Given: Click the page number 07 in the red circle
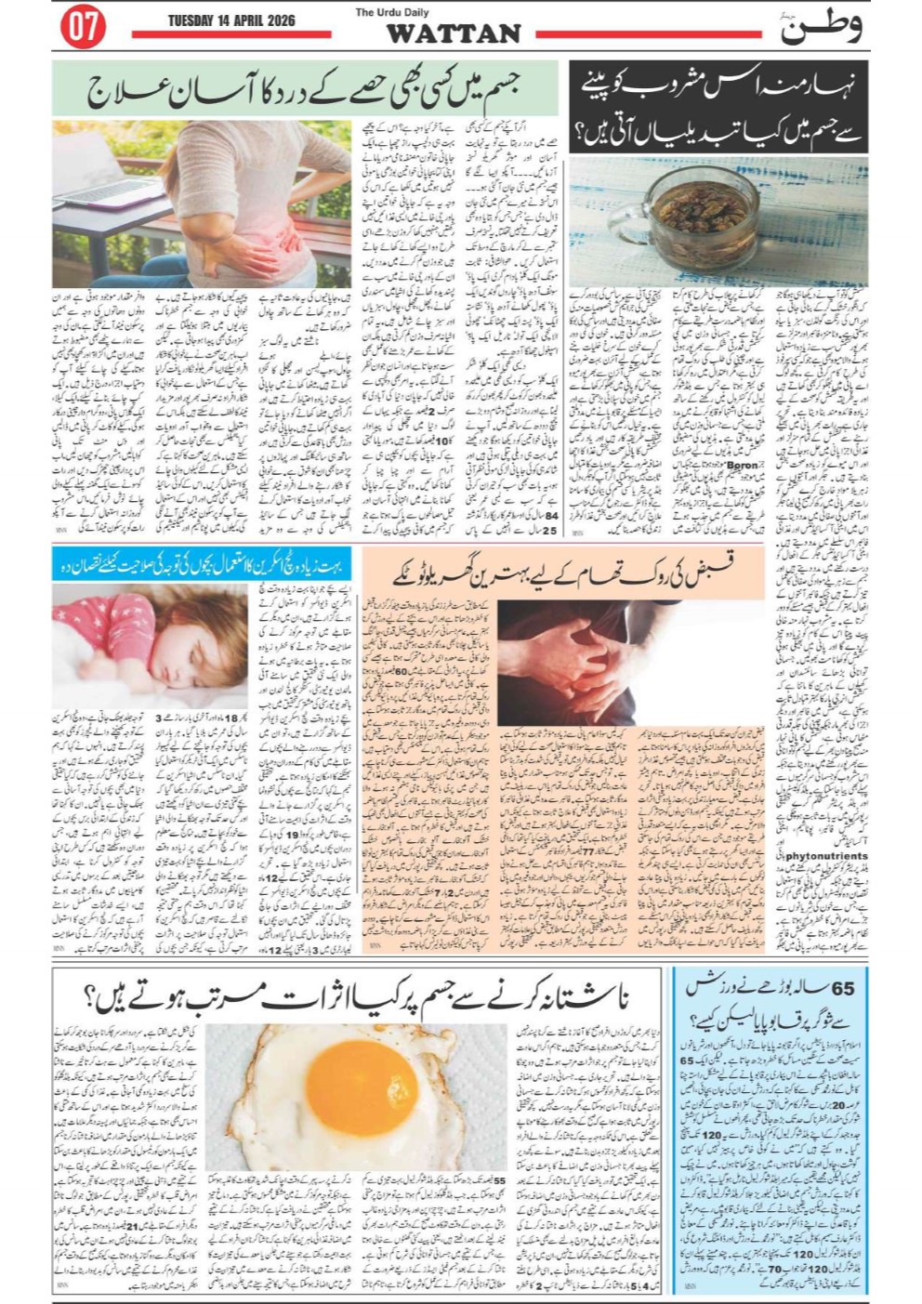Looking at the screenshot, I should pyautogui.click(x=82, y=28).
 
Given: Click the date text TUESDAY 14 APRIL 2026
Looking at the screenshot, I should pyautogui.click(x=230, y=20).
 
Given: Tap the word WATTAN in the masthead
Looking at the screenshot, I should pyautogui.click(x=453, y=34).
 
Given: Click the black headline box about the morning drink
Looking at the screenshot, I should pyautogui.click(x=718, y=109).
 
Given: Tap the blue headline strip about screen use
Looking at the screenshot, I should pyautogui.click(x=203, y=566).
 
